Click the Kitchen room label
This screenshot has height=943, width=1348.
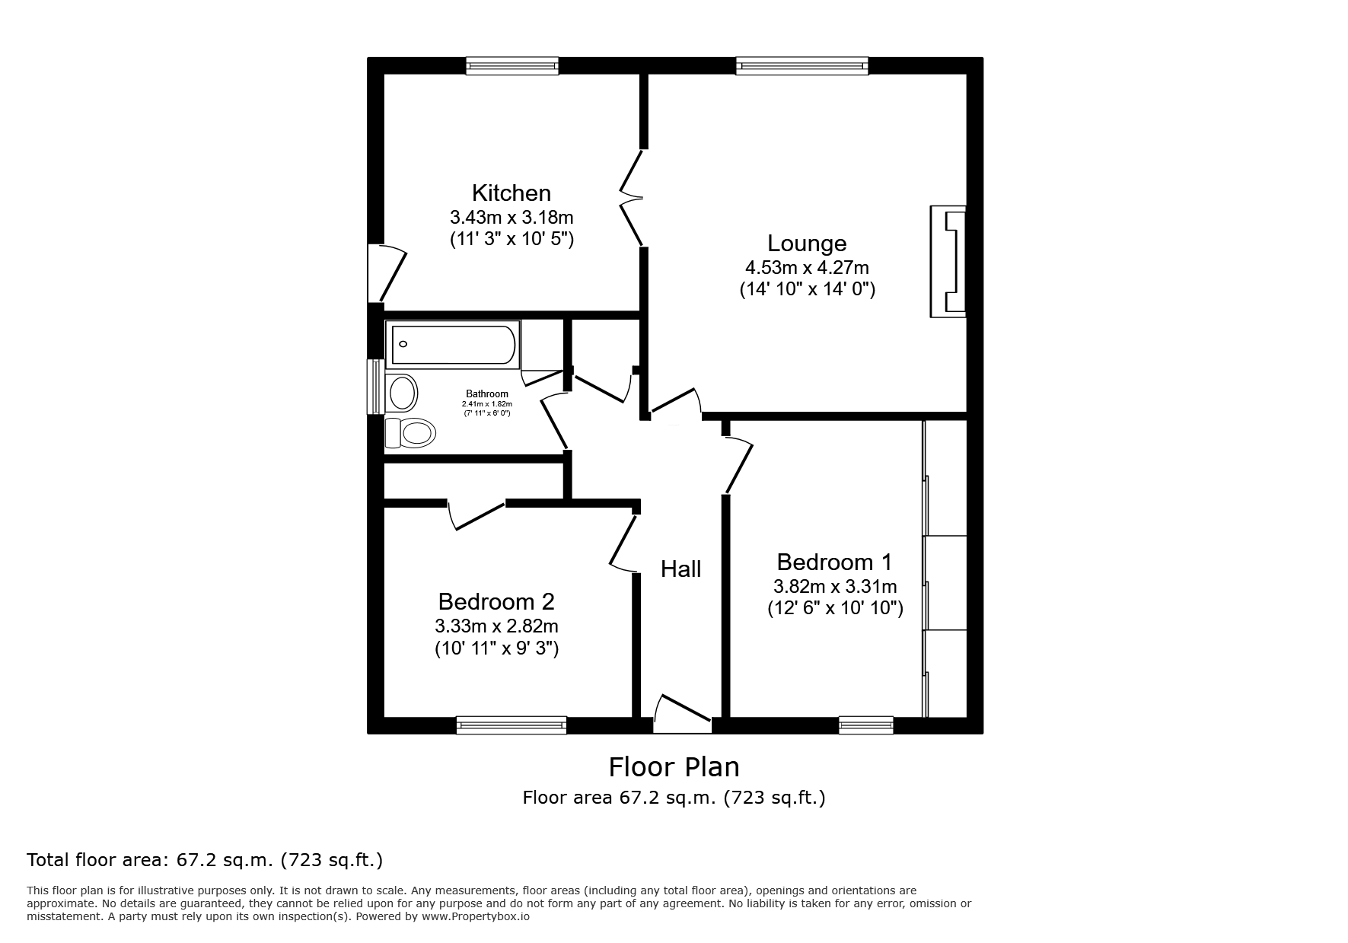click(511, 193)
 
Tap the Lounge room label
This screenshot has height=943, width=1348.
click(807, 244)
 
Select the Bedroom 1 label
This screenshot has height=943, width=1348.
click(834, 562)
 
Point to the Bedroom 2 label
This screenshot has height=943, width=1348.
click(496, 602)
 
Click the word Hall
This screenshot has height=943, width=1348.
click(680, 569)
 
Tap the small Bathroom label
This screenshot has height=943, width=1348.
click(487, 394)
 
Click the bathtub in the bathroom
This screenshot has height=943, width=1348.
click(453, 345)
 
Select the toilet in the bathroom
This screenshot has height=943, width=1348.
click(410, 433)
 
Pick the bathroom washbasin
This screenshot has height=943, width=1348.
click(402, 393)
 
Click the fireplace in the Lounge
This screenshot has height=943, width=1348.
click(948, 262)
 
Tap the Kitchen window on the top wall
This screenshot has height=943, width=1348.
click(512, 66)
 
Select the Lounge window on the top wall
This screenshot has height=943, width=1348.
click(802, 66)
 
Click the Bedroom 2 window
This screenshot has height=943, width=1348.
click(511, 725)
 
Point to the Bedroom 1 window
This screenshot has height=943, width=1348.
click(866, 725)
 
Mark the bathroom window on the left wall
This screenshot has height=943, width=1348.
click(375, 387)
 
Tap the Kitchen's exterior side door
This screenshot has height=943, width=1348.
click(386, 272)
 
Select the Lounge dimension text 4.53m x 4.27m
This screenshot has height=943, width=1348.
click(807, 268)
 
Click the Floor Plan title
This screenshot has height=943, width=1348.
click(674, 766)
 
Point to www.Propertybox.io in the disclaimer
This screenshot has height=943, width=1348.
click(476, 916)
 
